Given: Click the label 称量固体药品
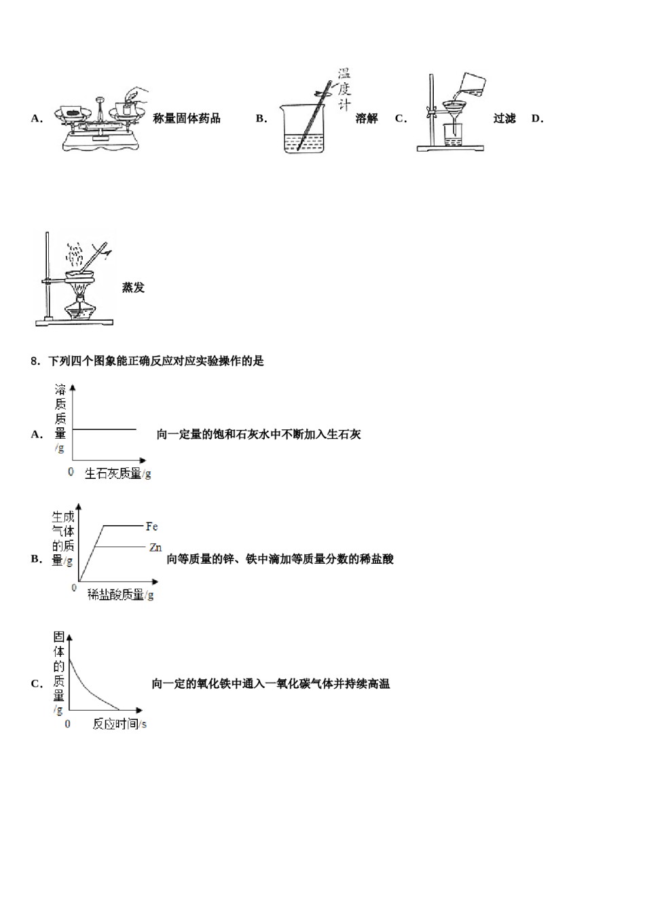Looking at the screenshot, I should point(187,118).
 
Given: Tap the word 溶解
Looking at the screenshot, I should point(367,118).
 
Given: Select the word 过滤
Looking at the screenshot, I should point(504,118).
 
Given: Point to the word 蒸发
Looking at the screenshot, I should point(133,287).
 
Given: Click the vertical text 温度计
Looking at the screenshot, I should point(344,89).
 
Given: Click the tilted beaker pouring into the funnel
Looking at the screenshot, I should point(473,84).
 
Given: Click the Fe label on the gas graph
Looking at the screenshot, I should point(152,526).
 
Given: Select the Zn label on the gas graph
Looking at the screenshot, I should point(155,548).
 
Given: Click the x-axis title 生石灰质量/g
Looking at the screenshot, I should point(117,473).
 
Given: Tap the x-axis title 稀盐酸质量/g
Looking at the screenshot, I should point(121,595).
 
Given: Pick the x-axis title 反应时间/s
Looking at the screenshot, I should point(119,724).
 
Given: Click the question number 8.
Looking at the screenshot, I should point(35,361).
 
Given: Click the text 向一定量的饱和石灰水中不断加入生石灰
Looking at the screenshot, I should point(259,434).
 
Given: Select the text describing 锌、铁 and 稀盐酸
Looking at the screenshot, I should point(280,559).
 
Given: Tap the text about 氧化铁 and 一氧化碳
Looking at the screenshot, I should point(271,683).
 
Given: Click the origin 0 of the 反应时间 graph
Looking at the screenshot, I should point(68,724).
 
